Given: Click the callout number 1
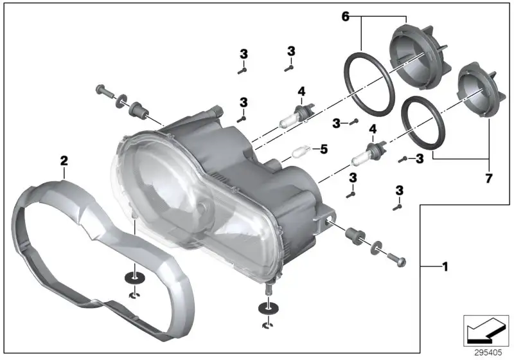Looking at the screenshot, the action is point(445,267).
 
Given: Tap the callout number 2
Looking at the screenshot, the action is point(64,161).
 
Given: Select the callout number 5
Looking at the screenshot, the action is point(324,149).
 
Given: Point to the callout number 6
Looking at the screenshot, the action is point(346,17).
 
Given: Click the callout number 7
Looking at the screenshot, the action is point(488,178).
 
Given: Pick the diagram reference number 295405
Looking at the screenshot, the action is point(488,352).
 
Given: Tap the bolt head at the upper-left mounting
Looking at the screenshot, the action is point(100,89).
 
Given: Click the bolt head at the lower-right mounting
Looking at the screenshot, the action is point(401,262).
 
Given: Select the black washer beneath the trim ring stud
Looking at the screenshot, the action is point(135,278).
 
